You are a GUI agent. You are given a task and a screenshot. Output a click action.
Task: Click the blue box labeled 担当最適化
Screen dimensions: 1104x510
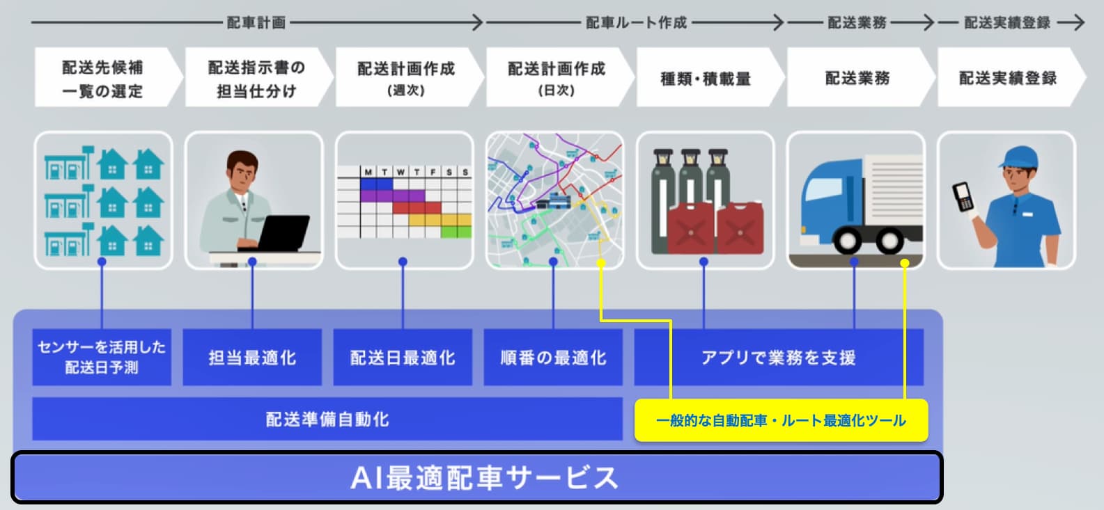[252, 358]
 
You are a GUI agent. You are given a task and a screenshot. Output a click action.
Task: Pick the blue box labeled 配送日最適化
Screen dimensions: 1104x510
[403, 358]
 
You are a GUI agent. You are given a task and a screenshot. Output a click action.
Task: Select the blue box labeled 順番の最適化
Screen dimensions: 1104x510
[553, 358]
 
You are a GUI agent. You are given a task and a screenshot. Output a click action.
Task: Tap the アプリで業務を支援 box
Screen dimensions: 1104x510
[779, 358]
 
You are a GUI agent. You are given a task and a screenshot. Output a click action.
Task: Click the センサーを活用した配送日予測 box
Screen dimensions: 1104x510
[102, 358]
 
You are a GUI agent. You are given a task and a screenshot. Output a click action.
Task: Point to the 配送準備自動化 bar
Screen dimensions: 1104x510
[327, 419]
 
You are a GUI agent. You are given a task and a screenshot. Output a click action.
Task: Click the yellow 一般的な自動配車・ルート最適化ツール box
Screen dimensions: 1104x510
[782, 420]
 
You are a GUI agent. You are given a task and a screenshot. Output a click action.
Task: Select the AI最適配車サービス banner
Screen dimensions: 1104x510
[477, 477]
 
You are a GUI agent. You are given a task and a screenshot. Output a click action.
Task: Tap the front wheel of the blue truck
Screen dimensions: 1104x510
[847, 241]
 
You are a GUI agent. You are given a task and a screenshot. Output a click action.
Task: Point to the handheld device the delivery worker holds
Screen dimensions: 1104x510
[963, 197]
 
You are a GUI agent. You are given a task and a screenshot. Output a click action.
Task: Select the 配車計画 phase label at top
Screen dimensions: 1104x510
[256, 23]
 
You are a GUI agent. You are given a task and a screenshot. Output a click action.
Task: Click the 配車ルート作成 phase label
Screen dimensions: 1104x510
[636, 23]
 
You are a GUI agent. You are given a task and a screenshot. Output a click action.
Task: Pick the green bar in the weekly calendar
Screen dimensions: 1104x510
[456, 232]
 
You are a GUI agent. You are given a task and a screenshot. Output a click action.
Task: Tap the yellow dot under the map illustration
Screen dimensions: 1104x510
[601, 263]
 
